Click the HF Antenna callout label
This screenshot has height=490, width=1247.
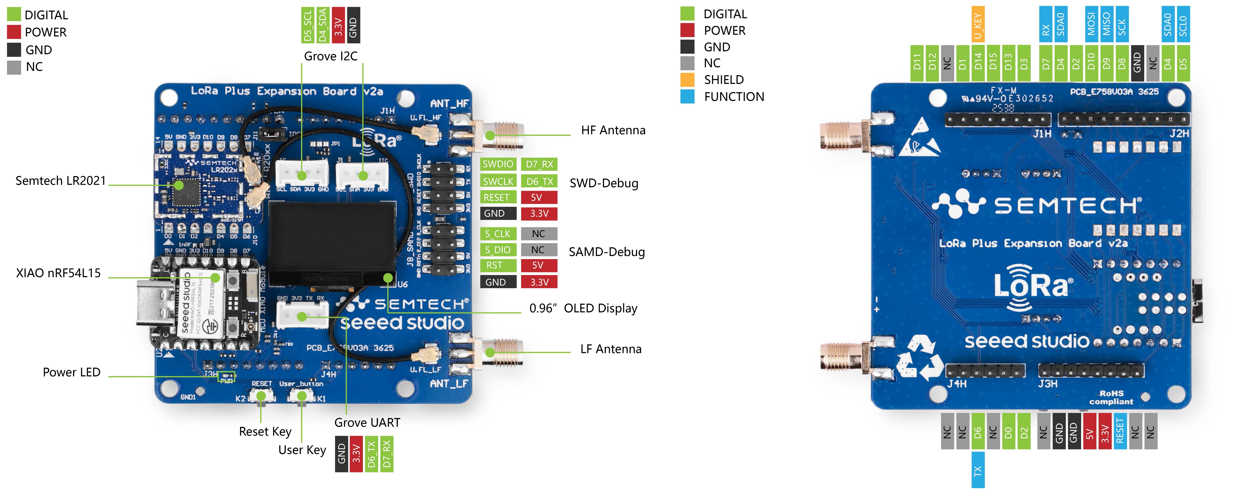(x=613, y=130)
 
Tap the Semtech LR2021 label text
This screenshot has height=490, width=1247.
(x=60, y=181)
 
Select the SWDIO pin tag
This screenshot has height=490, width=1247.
(x=498, y=164)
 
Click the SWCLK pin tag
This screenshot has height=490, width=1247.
(x=498, y=181)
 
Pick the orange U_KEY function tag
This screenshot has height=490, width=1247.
(x=978, y=24)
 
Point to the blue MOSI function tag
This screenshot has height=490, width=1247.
(x=1091, y=24)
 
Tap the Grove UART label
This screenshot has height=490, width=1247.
(x=367, y=423)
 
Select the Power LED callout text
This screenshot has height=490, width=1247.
(x=72, y=372)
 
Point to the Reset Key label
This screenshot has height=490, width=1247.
(x=265, y=431)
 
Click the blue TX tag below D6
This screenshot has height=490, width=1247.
(x=978, y=470)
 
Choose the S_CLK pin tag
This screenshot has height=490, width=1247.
(x=498, y=234)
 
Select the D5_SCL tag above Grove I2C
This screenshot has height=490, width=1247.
(x=307, y=25)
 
